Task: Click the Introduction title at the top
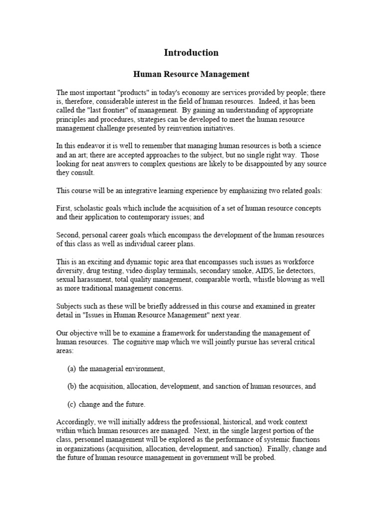click(x=191, y=52)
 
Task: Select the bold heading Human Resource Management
click(x=191, y=74)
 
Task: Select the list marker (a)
click(x=72, y=369)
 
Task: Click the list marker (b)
click(x=72, y=386)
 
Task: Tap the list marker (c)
click(x=72, y=404)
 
